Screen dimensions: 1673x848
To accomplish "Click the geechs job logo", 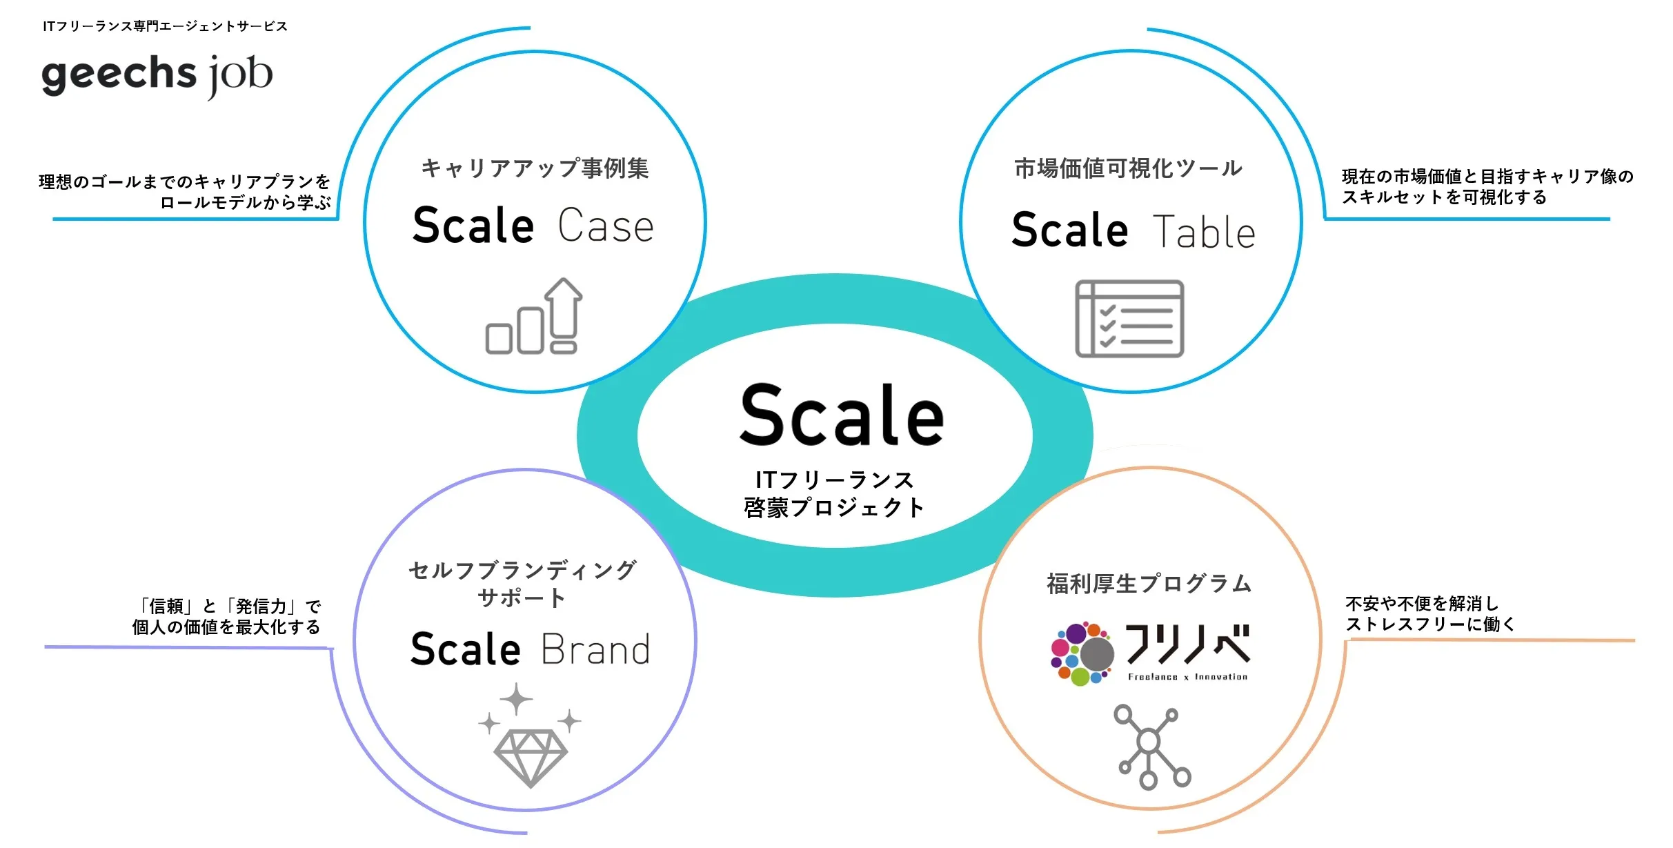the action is point(157,76).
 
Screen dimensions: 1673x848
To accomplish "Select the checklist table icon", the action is point(1129,319).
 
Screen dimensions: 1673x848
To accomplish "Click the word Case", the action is point(606,226).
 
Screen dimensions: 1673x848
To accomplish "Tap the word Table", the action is point(1204,231).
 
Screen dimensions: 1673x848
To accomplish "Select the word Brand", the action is point(596,649).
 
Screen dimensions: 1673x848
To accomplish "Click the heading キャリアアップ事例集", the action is point(535,168).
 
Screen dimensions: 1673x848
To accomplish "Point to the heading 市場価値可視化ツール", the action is point(1129,168).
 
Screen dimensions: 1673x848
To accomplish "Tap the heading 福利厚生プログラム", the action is point(1149,584).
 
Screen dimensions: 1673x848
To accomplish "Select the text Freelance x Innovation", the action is point(1187,677).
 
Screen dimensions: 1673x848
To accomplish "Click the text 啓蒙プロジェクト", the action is point(834,508).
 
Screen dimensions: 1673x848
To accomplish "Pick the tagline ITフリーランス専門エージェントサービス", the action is point(165,26).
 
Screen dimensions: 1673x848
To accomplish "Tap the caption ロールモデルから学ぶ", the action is point(246,202).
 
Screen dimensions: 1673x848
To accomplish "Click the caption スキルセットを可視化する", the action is point(1444,197).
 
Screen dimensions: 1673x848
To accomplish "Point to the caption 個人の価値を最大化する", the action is point(226,627).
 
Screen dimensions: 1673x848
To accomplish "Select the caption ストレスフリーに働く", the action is point(1430,624).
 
